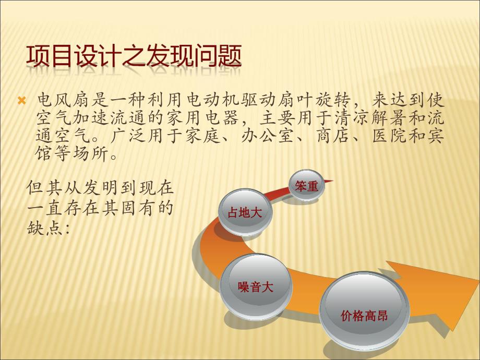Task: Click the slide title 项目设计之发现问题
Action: tap(134, 57)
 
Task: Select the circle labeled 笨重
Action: tap(307, 186)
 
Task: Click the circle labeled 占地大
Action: tap(241, 212)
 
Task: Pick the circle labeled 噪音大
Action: tap(256, 286)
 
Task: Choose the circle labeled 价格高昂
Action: tap(364, 315)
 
